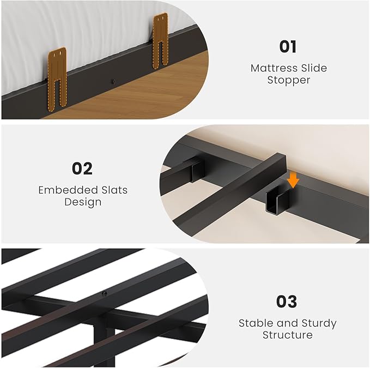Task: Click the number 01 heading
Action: (288, 46)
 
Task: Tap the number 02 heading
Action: (82, 168)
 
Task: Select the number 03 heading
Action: (287, 301)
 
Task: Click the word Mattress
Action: (270, 68)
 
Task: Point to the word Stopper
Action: (289, 80)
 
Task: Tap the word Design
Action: (83, 202)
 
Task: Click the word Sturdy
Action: (319, 324)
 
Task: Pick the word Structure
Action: (288, 335)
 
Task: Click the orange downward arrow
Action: (293, 180)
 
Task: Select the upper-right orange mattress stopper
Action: (160, 41)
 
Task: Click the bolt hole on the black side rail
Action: (113, 81)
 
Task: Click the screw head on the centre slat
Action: (104, 294)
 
